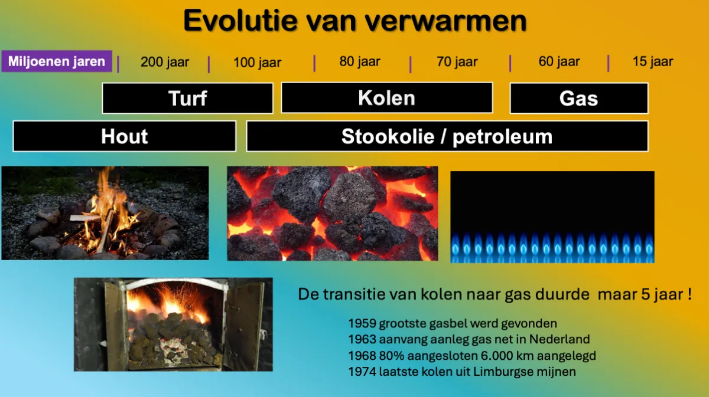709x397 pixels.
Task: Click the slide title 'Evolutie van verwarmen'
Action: point(354,21)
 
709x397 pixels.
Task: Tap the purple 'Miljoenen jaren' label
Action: point(57,61)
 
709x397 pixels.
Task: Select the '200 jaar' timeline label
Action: point(164,62)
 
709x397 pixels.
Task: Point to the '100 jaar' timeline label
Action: point(257,63)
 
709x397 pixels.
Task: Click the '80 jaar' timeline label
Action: point(360,61)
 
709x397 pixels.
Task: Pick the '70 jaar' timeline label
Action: point(457,61)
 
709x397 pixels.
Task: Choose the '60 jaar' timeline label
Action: point(559,61)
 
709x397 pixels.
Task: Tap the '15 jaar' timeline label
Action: point(652,61)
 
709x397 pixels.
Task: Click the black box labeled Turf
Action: point(187,98)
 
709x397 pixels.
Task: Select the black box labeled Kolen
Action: point(386,98)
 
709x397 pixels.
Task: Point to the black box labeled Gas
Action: point(578,99)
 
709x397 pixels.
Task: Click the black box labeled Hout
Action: point(124,136)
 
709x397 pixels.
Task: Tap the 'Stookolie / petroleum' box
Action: point(447,136)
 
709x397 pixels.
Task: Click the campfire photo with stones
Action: point(105,213)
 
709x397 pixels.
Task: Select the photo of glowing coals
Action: point(333,213)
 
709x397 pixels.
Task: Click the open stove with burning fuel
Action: point(173,324)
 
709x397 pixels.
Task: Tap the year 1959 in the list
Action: point(362,323)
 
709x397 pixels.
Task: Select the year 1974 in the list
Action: point(362,372)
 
